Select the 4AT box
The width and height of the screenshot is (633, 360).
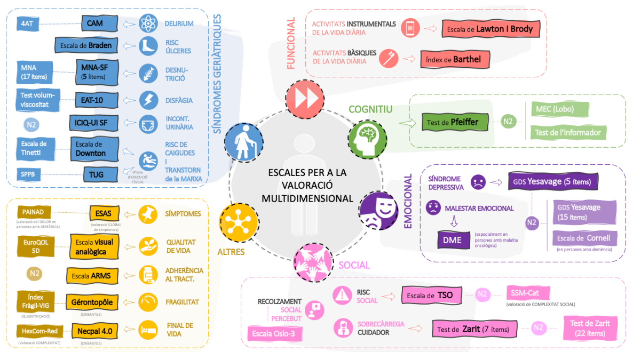click(x=27, y=23)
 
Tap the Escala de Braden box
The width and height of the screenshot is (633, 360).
click(x=85, y=46)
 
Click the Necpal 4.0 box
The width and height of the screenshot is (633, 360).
click(x=94, y=331)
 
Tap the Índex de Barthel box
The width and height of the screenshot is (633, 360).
click(x=455, y=59)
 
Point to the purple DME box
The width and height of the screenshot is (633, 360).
click(x=452, y=240)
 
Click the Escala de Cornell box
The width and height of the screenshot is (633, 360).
click(x=584, y=238)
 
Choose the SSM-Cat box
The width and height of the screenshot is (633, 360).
click(x=527, y=293)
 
